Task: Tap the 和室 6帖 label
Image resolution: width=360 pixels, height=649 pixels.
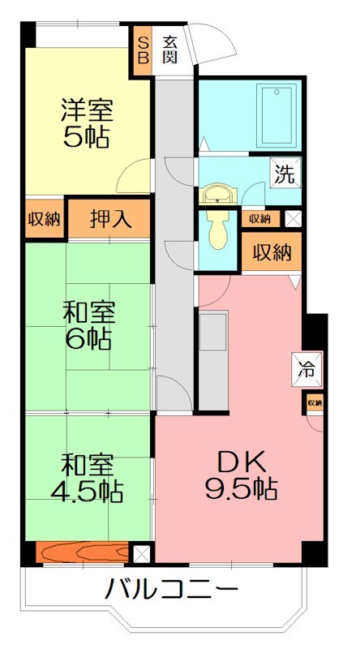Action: point(88,324)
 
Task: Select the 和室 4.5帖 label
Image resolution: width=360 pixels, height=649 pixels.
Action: point(88,478)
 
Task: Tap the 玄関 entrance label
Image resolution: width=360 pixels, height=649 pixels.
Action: point(170,49)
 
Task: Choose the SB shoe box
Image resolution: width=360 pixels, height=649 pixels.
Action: point(143,49)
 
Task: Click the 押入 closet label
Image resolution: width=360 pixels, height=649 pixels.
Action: point(109,218)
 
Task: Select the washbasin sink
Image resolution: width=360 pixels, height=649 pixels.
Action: point(218,194)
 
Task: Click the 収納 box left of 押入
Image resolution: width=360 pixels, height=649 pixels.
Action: point(44,218)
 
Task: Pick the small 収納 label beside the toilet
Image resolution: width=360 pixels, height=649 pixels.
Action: point(259,218)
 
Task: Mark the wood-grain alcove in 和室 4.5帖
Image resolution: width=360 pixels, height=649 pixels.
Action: point(81,553)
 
